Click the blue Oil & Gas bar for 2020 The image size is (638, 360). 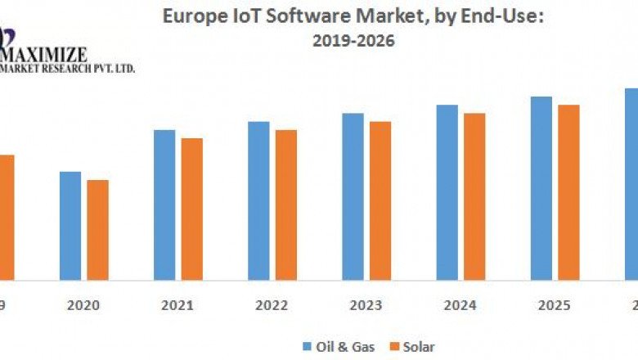(70, 226)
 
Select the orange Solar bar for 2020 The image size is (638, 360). (97, 230)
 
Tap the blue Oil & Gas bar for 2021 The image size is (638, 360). (164, 205)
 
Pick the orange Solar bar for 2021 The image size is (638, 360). (191, 209)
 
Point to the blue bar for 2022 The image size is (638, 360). (258, 200)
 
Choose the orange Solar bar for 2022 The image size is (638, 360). (285, 205)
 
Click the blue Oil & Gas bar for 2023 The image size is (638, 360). (353, 196)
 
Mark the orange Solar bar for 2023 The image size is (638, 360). (380, 200)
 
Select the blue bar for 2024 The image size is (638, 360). (447, 192)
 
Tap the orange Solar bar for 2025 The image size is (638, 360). (568, 192)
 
